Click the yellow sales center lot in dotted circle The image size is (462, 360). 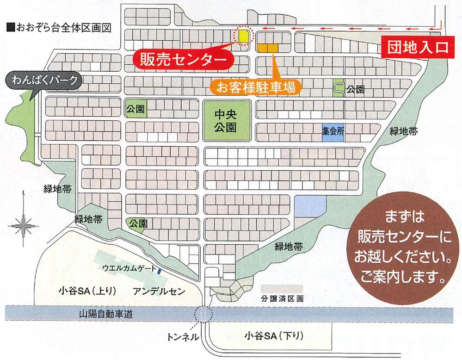243,35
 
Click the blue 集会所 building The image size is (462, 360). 333,131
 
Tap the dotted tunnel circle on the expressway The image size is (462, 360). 203,314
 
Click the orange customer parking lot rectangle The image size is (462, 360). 268,47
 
